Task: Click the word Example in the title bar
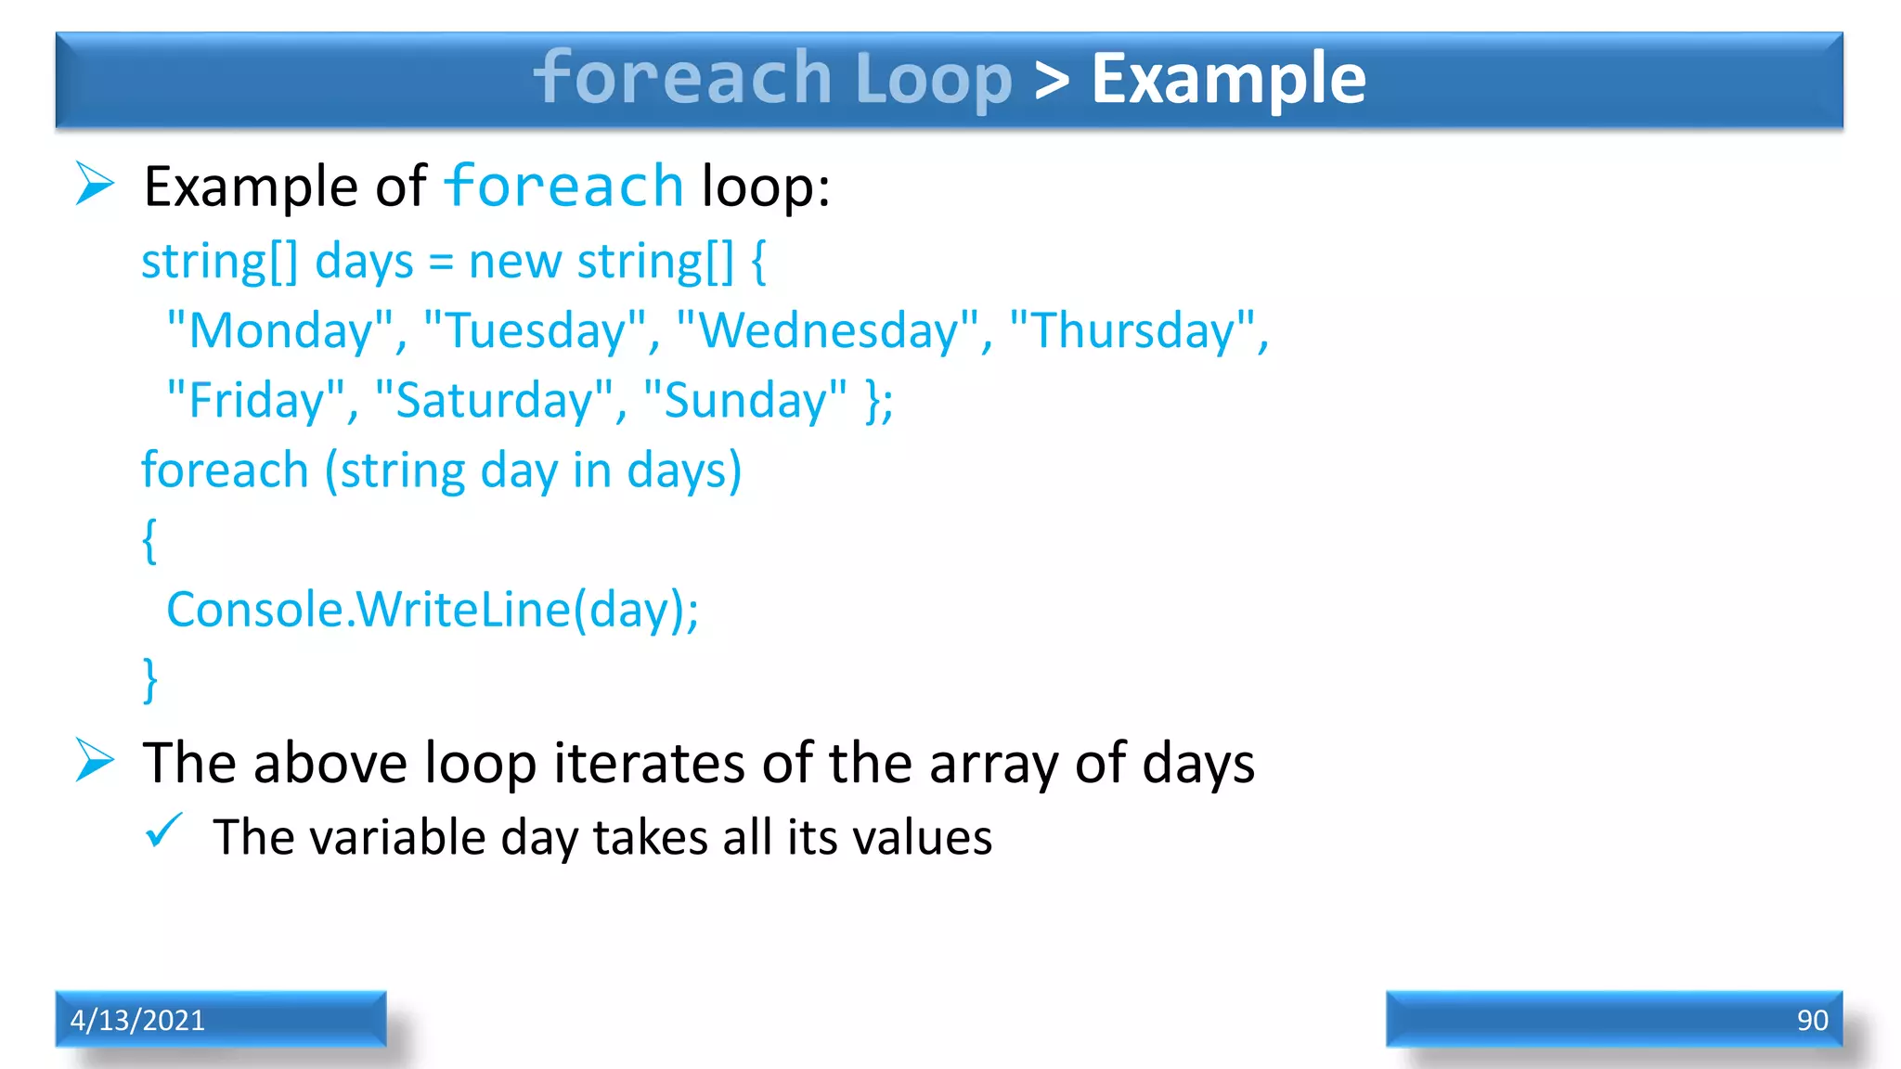point(1227,80)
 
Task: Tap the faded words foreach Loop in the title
point(772,80)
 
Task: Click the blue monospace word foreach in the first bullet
point(563,186)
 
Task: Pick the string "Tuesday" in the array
point(536,330)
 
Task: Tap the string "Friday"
point(255,401)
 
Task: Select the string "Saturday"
point(494,401)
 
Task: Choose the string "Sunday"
point(744,401)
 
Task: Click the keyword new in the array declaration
point(515,261)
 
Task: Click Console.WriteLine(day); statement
point(433,611)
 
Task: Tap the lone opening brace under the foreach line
point(149,540)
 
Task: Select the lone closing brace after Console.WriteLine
point(149,680)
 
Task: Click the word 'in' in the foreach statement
point(591,470)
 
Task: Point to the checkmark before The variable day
point(164,831)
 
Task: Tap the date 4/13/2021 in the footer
point(137,1020)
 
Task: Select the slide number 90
point(1811,1020)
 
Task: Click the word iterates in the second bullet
point(649,763)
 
